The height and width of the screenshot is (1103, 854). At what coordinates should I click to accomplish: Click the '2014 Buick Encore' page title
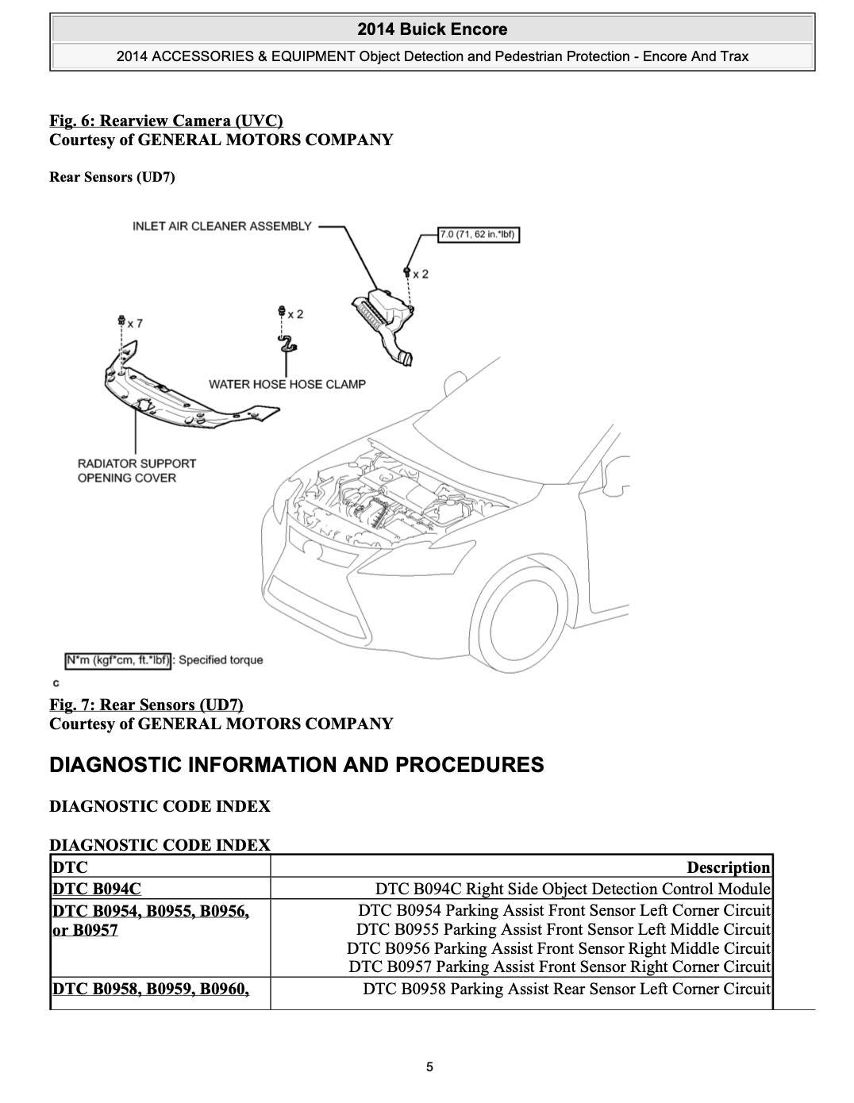(432, 29)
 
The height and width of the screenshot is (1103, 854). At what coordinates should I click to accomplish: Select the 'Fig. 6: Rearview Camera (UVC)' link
(166, 121)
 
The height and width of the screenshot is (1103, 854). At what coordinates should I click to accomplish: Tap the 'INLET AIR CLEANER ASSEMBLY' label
(221, 226)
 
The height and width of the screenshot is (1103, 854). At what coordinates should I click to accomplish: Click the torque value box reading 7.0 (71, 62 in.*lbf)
(479, 234)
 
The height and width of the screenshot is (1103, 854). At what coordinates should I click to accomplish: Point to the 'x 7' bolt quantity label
(134, 323)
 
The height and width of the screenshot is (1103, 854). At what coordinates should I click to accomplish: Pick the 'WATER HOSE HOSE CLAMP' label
(287, 384)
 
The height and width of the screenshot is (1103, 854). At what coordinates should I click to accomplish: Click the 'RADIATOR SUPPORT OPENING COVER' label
(137, 470)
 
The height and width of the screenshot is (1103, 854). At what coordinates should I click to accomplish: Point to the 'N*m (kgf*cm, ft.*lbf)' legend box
(117, 660)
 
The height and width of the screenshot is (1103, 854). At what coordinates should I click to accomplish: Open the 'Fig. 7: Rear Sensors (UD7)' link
(146, 705)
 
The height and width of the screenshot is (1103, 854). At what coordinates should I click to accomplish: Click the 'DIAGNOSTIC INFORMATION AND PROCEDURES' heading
(296, 765)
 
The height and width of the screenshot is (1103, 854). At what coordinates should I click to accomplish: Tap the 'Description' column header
(728, 867)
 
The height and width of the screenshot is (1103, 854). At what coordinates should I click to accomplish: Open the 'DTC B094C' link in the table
(96, 889)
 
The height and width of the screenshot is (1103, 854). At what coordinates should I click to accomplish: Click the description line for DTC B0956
(559, 948)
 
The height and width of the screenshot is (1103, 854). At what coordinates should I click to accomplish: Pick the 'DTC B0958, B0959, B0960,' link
(150, 989)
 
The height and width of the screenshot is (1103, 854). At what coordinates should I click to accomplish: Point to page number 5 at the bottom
(429, 1066)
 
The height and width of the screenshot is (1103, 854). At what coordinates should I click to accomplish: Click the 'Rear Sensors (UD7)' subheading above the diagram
(112, 176)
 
